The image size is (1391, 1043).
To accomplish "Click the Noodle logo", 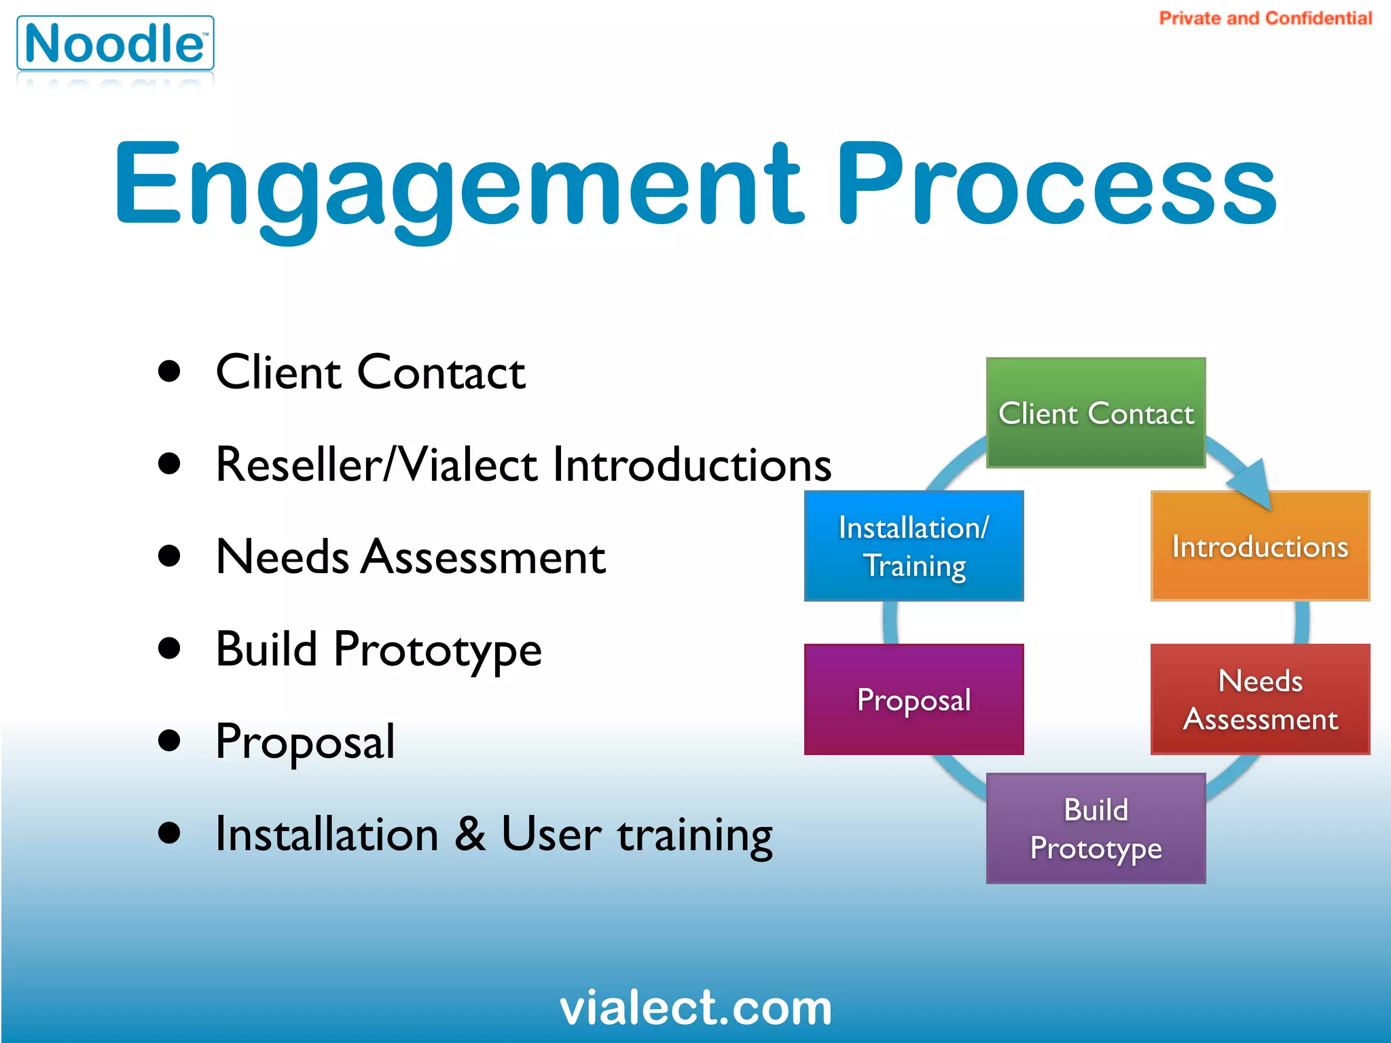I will click(115, 43).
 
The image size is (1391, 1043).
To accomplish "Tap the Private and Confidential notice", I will click(1265, 18).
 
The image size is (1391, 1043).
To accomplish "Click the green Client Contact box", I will click(1096, 413).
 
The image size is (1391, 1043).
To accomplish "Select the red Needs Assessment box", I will click(1260, 699).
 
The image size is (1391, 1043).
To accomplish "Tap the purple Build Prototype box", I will click(1096, 828).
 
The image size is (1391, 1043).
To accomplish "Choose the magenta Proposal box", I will click(914, 699).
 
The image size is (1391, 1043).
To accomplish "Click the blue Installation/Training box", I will click(914, 546).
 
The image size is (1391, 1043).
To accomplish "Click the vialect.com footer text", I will click(695, 1008).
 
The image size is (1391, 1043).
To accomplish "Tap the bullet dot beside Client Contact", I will click(168, 371).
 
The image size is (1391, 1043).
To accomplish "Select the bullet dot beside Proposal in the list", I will click(168, 740).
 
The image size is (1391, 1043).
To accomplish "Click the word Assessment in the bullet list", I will click(483, 557).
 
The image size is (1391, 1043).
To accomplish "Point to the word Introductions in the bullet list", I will click(691, 465).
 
